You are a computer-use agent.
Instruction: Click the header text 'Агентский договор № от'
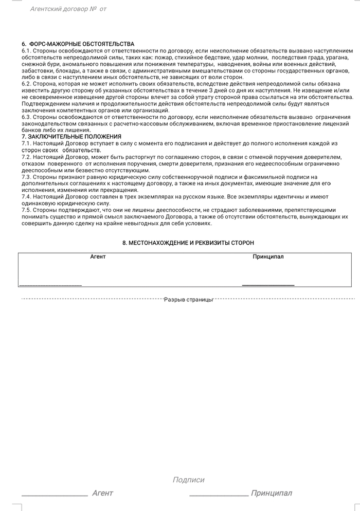tap(68, 9)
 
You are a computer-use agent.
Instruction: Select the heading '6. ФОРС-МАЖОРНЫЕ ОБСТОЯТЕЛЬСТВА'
tap(78, 44)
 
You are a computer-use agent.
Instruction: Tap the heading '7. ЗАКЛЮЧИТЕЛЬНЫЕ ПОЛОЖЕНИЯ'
tap(71, 137)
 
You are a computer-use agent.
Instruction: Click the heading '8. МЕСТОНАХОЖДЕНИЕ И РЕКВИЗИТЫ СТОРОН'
tap(188, 243)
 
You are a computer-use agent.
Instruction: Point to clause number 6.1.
tap(26, 51)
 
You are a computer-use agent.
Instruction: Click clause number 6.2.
tap(26, 84)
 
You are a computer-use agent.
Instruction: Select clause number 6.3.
tap(26, 117)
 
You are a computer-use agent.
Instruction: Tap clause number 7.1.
tap(26, 143)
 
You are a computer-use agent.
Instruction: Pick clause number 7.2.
tap(26, 157)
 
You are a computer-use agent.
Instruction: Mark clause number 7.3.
tap(26, 177)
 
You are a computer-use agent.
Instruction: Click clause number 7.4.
tap(26, 197)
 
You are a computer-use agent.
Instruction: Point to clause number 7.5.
tap(26, 210)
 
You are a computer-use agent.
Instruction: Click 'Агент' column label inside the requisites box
tap(98, 257)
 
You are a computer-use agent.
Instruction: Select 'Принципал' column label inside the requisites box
tap(268, 257)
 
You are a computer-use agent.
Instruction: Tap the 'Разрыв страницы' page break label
tap(188, 299)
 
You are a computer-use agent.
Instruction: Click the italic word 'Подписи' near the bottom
tap(188, 480)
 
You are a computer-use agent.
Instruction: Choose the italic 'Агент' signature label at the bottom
tap(102, 494)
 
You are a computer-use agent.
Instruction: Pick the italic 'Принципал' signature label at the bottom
tap(271, 494)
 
